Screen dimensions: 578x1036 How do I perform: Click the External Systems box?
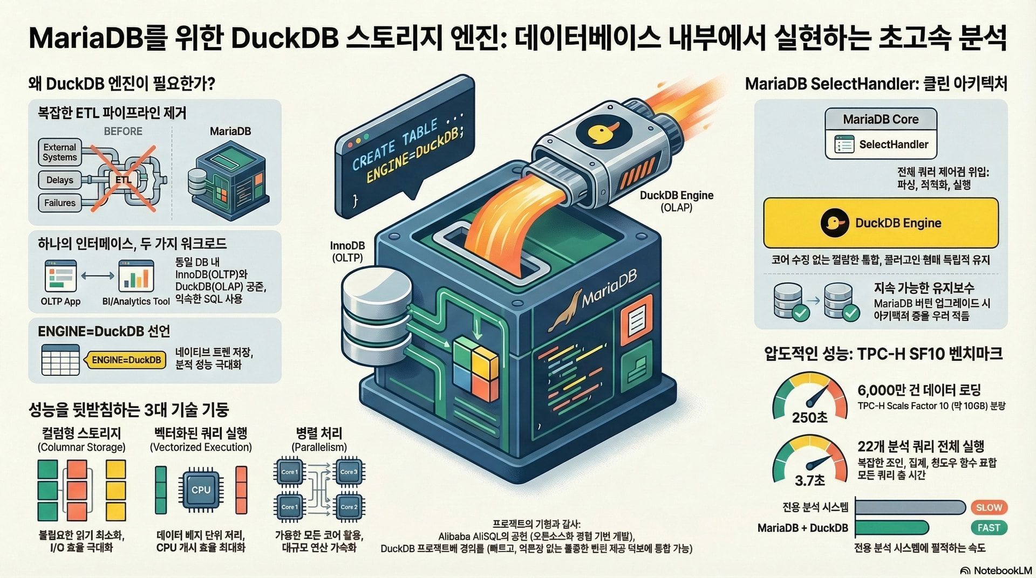[59, 152]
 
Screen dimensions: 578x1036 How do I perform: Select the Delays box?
[59, 180]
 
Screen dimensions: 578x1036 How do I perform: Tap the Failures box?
[59, 203]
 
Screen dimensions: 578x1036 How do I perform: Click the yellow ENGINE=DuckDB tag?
[126, 360]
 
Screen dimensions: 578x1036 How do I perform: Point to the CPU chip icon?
[201, 490]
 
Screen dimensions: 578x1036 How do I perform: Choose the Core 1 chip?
[289, 472]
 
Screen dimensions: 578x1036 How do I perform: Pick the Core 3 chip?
[349, 472]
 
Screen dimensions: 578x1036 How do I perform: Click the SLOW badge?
[989, 507]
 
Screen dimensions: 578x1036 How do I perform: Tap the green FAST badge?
[989, 528]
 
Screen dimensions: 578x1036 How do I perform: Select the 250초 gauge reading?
[809, 417]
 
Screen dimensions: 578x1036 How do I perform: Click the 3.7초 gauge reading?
[809, 480]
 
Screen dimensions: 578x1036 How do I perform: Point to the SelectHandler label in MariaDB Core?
[894, 144]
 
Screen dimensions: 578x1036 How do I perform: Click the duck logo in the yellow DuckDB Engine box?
[834, 223]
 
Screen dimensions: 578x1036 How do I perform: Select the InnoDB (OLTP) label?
[347, 251]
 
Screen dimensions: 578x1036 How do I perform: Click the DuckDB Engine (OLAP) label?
[677, 201]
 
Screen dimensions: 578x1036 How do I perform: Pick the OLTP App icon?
[60, 276]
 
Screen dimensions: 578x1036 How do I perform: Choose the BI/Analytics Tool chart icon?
[136, 276]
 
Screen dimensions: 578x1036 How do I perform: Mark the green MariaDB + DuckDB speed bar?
[891, 528]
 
